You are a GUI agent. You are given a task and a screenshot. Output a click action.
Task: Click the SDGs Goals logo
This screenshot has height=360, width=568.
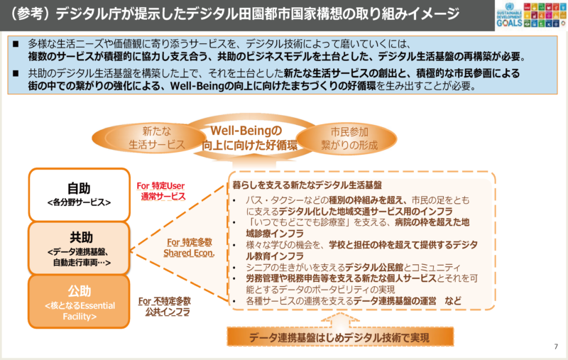(x=530, y=14)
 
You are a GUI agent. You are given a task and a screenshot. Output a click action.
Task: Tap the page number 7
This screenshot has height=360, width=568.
(x=555, y=347)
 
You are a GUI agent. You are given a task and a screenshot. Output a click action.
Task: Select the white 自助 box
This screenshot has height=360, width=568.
(x=79, y=194)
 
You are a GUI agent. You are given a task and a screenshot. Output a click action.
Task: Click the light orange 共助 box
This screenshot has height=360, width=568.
(x=79, y=248)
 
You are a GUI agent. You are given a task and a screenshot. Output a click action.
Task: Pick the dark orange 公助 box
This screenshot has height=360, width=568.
(x=79, y=301)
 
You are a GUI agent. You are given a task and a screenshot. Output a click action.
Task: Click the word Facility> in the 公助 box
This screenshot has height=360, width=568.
(x=79, y=317)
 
